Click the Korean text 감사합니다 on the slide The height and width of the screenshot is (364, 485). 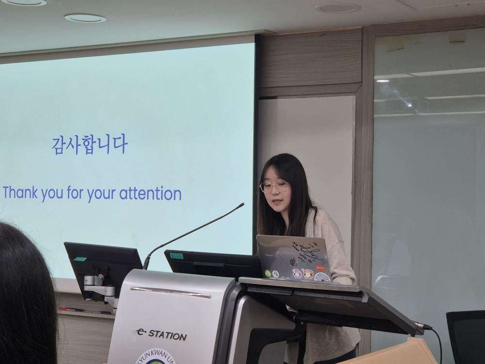[90, 145]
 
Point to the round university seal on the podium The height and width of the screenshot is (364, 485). [155, 357]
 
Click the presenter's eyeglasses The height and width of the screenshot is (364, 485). [274, 187]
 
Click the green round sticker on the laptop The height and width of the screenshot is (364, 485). [268, 273]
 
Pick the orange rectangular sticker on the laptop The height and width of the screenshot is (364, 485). [320, 267]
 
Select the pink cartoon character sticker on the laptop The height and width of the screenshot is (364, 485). [297, 274]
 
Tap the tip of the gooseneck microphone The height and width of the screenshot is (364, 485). [242, 205]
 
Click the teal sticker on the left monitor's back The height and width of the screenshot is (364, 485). [81, 259]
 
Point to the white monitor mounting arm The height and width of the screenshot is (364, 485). [99, 286]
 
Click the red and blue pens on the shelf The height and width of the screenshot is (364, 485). [85, 311]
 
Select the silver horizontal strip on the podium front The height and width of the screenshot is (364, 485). [170, 293]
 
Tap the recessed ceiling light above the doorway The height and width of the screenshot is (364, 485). [338, 8]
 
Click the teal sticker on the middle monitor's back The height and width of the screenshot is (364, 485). [176, 256]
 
